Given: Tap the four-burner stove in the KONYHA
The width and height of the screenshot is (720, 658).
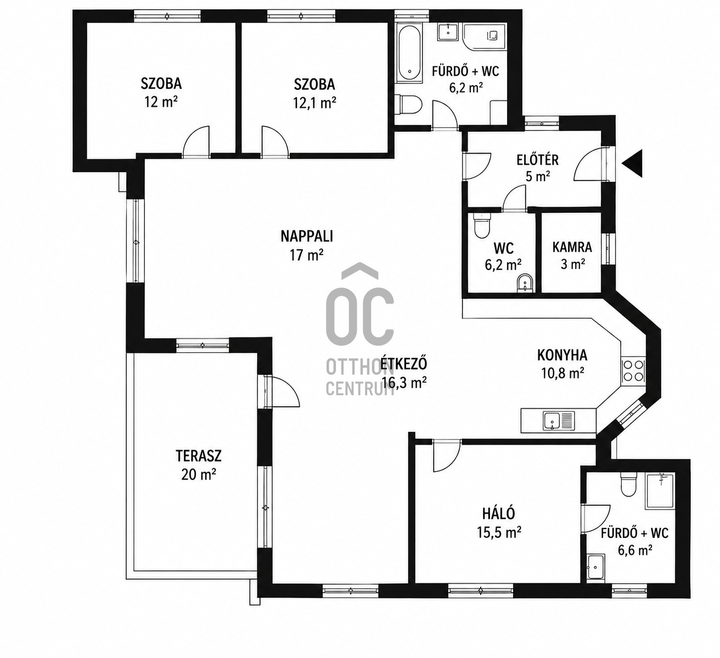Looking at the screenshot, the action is coord(633,371).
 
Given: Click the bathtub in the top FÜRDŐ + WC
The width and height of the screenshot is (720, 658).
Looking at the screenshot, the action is coord(409,54).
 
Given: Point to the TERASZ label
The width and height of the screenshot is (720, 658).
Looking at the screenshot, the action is coord(199,456).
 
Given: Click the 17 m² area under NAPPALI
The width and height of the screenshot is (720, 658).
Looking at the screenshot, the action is coord(307,255).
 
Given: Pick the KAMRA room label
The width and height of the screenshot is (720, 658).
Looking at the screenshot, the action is coord(572,247).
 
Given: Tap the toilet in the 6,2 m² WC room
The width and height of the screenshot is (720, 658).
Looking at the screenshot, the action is coord(482,225).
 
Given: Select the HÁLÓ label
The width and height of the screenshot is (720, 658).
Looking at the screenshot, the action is coord(498,514).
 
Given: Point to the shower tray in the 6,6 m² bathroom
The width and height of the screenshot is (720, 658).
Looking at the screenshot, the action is coord(660,491).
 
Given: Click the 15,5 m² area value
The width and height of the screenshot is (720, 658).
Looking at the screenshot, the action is coord(499,532).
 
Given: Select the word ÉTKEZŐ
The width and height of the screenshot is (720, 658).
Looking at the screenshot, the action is coord(404,364).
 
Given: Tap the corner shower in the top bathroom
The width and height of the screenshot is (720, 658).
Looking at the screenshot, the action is coord(485,37).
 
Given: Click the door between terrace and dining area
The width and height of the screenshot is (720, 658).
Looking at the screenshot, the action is coord(281,391).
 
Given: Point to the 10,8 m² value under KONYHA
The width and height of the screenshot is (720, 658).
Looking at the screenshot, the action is coord(562,373).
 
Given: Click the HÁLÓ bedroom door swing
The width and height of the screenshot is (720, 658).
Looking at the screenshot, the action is coord(447,456).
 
